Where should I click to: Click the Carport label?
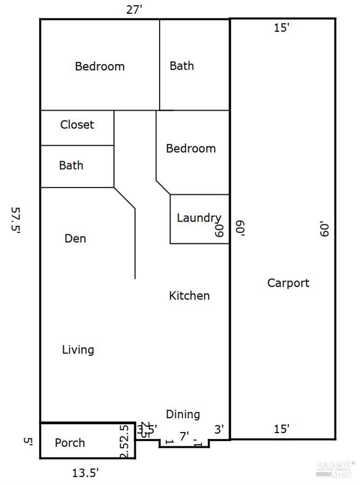tap(288, 283)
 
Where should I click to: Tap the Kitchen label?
tap(189, 296)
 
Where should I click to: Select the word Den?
tap(75, 239)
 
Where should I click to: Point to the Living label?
tap(78, 350)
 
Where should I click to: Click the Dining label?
tap(183, 415)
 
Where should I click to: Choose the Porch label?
tap(70, 443)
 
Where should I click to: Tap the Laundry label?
tap(198, 218)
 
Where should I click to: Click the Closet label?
tap(77, 125)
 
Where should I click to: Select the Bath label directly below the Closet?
tap(71, 165)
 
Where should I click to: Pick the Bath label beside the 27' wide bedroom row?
tap(182, 66)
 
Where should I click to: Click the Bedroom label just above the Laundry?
tap(191, 148)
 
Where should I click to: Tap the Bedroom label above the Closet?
tap(100, 66)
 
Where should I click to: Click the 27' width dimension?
tap(135, 10)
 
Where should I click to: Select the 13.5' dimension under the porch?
tap(85, 472)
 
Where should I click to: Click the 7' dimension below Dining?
tap(184, 437)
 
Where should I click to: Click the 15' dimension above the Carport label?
tap(282, 28)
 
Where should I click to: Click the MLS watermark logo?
tap(335, 468)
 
